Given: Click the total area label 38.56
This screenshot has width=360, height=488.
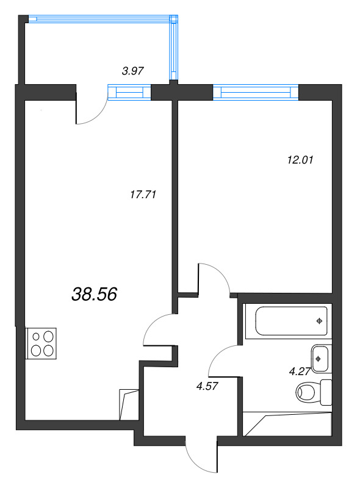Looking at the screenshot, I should pyautogui.click(x=94, y=295).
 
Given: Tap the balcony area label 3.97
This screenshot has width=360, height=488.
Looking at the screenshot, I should pyautogui.click(x=132, y=71).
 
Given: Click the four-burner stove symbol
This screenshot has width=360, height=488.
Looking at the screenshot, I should pyautogui.click(x=41, y=343).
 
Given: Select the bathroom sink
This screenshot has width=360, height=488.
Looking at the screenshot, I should pyautogui.click(x=320, y=358).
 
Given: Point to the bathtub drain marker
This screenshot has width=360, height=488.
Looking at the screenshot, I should pyautogui.click(x=319, y=321).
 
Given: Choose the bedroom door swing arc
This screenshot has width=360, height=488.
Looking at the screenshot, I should pyautogui.click(x=215, y=278).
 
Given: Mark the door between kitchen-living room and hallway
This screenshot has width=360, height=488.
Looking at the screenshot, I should pyautogui.click(x=157, y=330).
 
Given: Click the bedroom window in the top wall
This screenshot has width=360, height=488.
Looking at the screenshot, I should pyautogui.click(x=256, y=93).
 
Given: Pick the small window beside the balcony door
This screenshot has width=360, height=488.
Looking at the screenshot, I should pyautogui.click(x=129, y=93).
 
